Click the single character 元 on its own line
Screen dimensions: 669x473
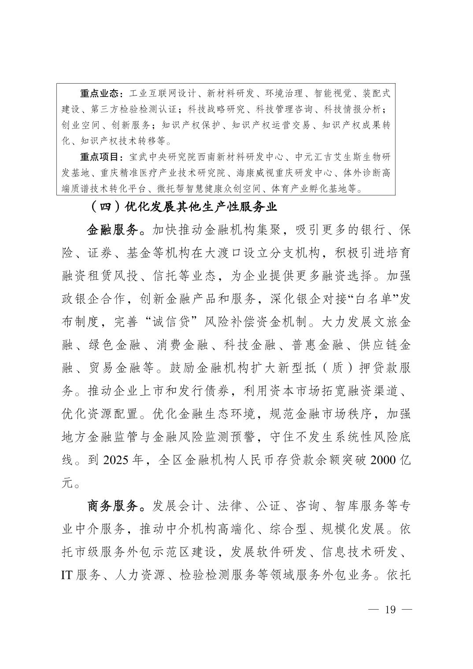pos(67,483)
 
